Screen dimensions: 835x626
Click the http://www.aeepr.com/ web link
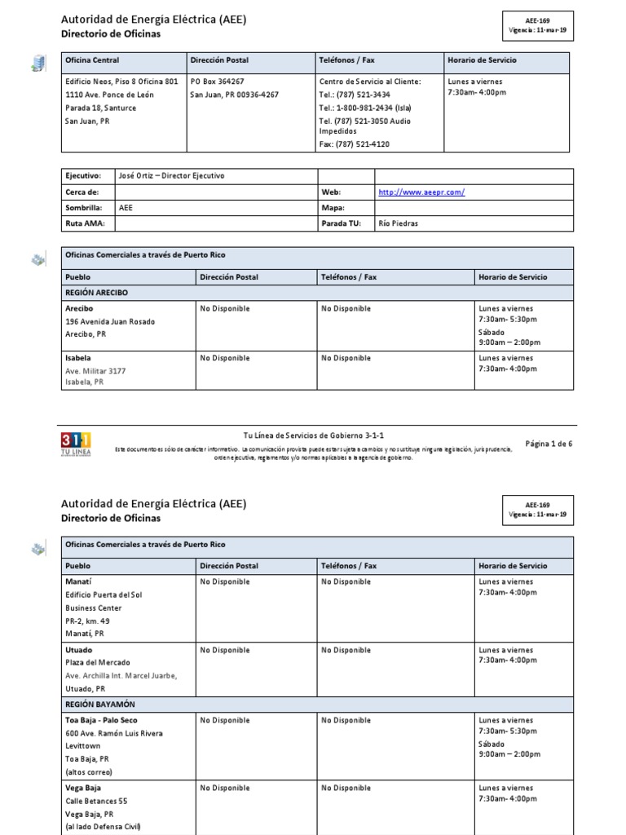(421, 192)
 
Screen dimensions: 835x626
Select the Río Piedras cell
(398, 223)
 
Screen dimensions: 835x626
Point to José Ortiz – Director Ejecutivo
(171, 176)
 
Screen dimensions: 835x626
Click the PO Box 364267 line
(218, 82)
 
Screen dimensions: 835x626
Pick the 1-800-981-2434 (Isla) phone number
(366, 107)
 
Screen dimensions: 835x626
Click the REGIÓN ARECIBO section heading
(96, 293)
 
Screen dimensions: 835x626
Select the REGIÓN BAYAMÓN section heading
(100, 704)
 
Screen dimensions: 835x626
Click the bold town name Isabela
(78, 358)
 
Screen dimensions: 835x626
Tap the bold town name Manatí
(79, 582)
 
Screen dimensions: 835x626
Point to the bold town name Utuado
(79, 650)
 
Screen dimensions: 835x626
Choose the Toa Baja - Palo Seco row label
(102, 721)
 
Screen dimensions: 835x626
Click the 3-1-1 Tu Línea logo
(76, 444)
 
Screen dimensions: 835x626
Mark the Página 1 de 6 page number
(549, 444)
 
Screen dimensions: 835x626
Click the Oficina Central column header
(92, 61)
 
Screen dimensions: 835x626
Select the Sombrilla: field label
(83, 208)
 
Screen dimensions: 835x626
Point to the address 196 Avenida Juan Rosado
(110, 321)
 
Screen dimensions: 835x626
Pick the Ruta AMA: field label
(85, 223)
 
